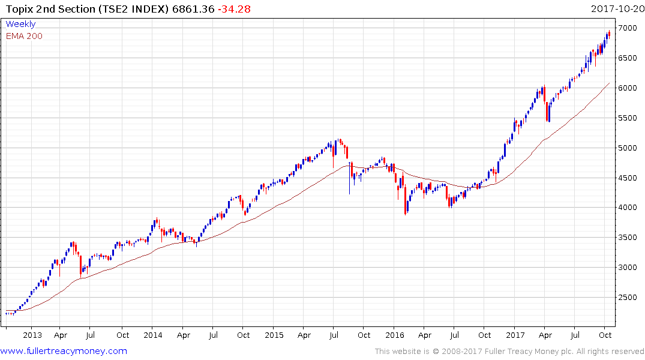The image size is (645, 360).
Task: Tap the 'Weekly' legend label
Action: (20, 24)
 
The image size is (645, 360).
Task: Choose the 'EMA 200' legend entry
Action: (24, 36)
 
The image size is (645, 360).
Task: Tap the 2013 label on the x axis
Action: (32, 335)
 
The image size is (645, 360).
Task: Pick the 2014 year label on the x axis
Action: (152, 335)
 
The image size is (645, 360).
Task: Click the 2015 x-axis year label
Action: (274, 335)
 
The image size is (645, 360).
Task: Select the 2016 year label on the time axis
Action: (395, 335)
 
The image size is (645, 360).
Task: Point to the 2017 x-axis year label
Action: (516, 335)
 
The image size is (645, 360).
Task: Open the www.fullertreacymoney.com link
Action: (64, 351)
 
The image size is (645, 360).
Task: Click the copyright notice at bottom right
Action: (509, 352)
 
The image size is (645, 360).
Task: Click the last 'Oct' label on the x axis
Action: (605, 335)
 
